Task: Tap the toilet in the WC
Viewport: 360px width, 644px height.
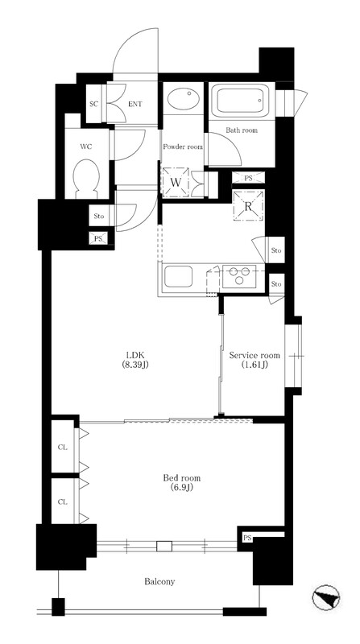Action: [86, 180]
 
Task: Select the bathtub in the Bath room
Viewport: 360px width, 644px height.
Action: [242, 99]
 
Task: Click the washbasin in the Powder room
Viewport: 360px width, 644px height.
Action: [184, 98]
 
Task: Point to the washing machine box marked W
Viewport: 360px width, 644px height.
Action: [176, 183]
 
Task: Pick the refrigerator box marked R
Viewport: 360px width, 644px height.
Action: [248, 206]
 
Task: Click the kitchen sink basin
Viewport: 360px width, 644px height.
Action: [178, 277]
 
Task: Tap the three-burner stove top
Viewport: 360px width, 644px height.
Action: [239, 276]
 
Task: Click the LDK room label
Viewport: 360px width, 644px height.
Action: [135, 360]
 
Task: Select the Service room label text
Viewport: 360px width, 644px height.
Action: [254, 360]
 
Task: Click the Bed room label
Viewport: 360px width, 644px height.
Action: [182, 483]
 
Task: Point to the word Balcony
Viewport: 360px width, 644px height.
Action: [159, 581]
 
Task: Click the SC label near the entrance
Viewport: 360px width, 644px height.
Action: [94, 104]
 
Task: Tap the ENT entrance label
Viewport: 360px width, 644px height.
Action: [135, 105]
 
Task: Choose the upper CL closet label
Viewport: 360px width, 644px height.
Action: [63, 448]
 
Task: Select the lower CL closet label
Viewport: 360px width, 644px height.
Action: [63, 502]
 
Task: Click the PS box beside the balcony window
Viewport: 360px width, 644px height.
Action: [247, 538]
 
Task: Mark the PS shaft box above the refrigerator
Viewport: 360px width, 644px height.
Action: [248, 178]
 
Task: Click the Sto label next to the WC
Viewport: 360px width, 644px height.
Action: [99, 216]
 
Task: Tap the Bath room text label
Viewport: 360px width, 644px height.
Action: [242, 130]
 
